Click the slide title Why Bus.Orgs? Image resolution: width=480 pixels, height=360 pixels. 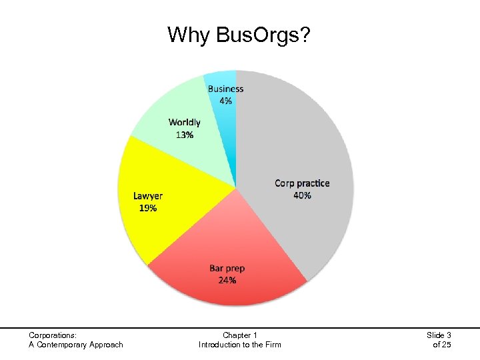point(239,34)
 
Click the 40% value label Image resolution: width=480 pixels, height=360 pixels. point(302,195)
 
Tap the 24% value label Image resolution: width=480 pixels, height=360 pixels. point(227,280)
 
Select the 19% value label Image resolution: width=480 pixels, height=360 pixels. point(147,207)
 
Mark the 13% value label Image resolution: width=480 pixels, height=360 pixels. point(185,135)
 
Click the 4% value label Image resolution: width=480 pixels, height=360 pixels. point(225,101)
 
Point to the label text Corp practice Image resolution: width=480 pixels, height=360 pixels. point(302,183)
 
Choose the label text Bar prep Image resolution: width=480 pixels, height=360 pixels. point(227,268)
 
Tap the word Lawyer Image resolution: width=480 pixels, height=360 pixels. point(147,195)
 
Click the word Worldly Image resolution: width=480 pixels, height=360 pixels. point(185,123)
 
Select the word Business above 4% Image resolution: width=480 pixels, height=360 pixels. point(225,89)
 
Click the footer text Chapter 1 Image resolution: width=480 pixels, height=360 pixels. point(240,335)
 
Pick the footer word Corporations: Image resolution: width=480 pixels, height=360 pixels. point(53,335)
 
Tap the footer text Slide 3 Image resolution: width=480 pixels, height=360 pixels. point(438,335)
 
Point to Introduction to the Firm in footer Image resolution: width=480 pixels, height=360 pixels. point(240,345)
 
